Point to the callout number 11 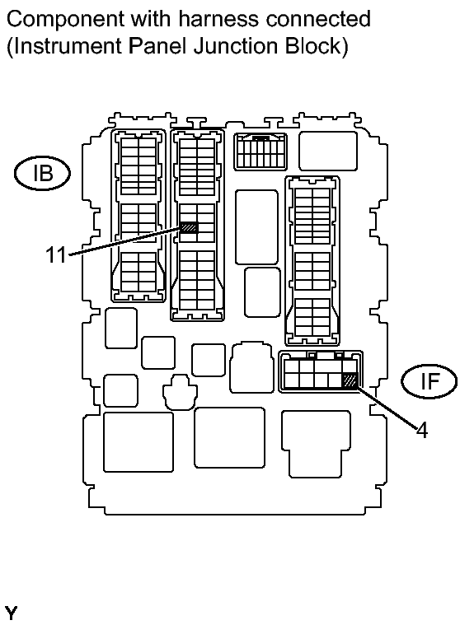[x=55, y=255]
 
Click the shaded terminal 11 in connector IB [x=189, y=227]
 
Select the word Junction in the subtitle [x=245, y=45]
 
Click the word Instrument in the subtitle [x=59, y=45]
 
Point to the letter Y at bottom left [x=11, y=613]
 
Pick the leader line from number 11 [x=124, y=242]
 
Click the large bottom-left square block [x=138, y=441]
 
